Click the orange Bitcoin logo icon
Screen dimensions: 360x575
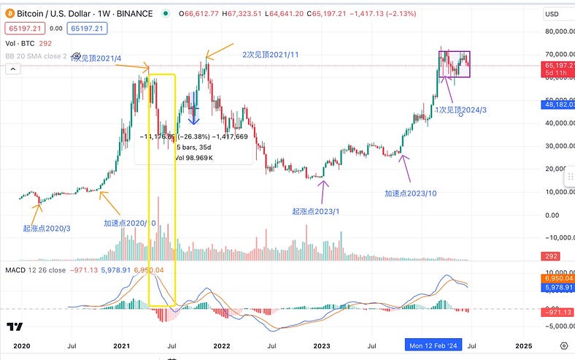[x=9, y=14]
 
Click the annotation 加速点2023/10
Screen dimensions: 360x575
[x=410, y=194]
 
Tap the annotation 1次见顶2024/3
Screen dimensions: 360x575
[x=462, y=109]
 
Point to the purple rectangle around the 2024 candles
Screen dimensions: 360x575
[x=455, y=64]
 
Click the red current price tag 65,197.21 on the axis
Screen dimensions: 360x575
[x=559, y=65]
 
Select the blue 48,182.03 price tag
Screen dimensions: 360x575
[x=559, y=104]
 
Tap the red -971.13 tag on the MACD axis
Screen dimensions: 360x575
[x=559, y=312]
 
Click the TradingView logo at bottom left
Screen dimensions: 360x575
[x=14, y=327]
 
